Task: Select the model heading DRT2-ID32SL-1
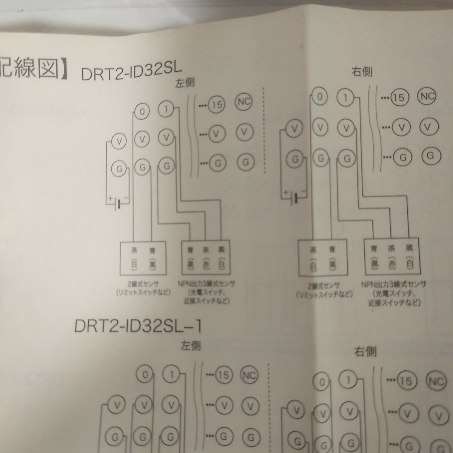coord(137,326)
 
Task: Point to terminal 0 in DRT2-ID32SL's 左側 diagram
coord(142,112)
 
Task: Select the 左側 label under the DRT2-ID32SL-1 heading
coord(190,346)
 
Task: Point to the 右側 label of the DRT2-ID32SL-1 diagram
coord(365,352)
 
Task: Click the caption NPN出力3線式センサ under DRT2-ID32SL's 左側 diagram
coord(206,284)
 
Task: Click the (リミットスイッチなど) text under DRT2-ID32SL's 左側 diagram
coord(143,293)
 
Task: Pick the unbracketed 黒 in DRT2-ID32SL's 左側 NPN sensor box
coord(220,250)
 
